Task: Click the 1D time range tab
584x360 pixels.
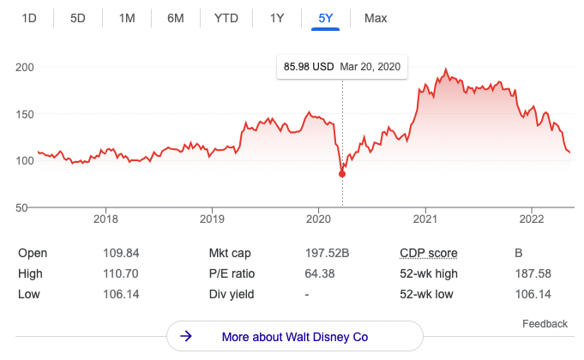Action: point(28,19)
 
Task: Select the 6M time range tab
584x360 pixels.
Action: point(176,19)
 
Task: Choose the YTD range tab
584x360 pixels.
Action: point(226,19)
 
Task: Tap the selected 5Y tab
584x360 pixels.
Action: point(327,19)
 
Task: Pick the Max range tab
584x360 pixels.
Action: point(376,19)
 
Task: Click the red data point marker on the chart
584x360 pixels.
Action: point(342,174)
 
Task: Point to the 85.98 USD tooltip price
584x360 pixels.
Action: point(309,67)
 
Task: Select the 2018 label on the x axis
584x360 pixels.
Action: point(105,219)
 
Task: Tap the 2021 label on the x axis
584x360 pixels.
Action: point(426,219)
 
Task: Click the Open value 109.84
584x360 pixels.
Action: point(120,253)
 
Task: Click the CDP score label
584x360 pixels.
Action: point(429,253)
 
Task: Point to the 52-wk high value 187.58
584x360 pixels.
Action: point(532,273)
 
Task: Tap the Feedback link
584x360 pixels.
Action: point(545,324)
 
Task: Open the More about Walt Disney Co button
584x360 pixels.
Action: point(294,337)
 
